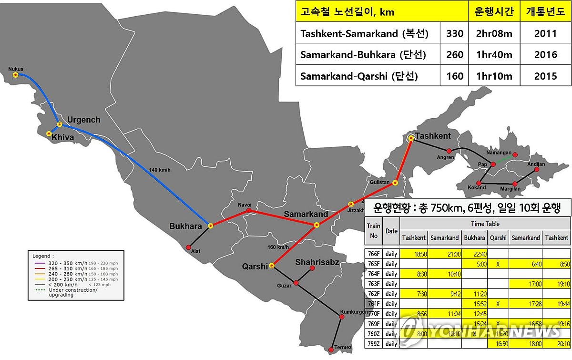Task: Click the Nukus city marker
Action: click(16, 75)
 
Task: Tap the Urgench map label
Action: click(84, 120)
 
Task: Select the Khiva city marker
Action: click(49, 134)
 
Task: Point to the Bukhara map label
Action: click(186, 226)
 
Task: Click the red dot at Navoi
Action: click(248, 210)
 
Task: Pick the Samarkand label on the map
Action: click(306, 214)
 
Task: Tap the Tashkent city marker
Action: click(411, 138)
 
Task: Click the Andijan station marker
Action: click(536, 169)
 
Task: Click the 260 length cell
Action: click(455, 55)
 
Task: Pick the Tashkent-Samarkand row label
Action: click(364, 34)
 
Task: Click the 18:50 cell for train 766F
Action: click(413, 253)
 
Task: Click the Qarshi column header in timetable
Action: click(498, 237)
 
